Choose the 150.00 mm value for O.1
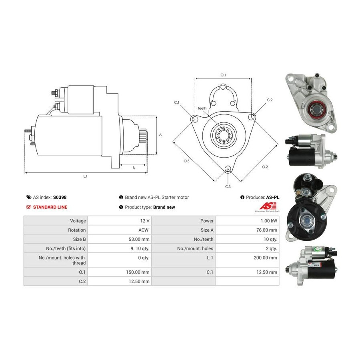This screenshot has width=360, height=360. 140,272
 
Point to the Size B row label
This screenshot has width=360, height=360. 77,239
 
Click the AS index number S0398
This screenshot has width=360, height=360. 60,197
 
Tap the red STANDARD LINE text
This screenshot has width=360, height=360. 50,207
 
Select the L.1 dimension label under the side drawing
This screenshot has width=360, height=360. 85,176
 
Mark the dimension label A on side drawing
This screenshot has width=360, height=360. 160,135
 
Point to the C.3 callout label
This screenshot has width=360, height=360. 228,186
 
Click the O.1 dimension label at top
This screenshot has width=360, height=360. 223,75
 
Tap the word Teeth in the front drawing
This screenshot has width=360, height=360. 202,108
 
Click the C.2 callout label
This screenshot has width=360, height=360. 270,100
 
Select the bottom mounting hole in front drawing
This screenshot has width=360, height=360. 228,169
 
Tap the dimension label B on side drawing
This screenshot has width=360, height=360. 134,168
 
